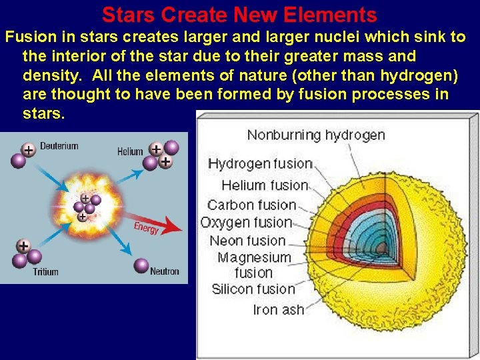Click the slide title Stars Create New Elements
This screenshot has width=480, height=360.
tap(239, 15)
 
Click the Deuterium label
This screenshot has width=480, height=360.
tap(59, 146)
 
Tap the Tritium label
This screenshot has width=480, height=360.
tap(45, 271)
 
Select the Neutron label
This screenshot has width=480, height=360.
tap(164, 271)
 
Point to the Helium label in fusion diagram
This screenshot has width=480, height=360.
tap(130, 151)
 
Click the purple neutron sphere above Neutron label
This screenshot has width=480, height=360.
tap(141, 265)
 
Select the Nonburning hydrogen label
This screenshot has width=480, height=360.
tap(316, 135)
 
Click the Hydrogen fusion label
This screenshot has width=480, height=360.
tap(260, 164)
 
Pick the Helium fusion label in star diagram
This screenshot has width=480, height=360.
tap(265, 185)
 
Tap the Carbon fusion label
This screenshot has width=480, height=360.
tap(251, 205)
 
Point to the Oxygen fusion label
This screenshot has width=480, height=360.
tap(247, 223)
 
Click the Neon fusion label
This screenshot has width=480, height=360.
tap(247, 241)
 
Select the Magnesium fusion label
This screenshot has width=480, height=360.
tap(254, 265)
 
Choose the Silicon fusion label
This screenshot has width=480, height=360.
tap(253, 289)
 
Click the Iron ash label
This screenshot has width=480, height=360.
tap(278, 310)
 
